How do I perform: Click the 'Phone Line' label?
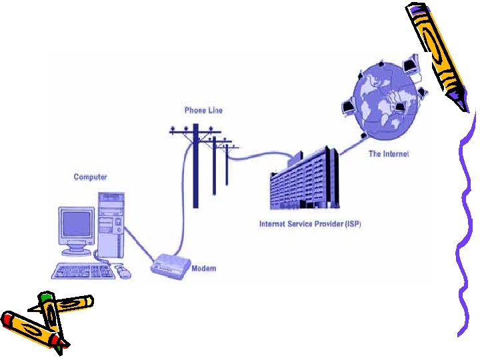(203, 110)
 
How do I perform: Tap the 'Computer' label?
(90, 177)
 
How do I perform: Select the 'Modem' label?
(203, 269)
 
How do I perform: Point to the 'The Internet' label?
(389, 154)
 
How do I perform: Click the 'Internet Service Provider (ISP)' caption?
(310, 224)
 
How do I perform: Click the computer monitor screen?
(76, 225)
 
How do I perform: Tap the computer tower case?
(111, 223)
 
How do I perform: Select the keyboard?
(83, 271)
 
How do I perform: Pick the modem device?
(171, 265)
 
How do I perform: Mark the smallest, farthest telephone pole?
(227, 163)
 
